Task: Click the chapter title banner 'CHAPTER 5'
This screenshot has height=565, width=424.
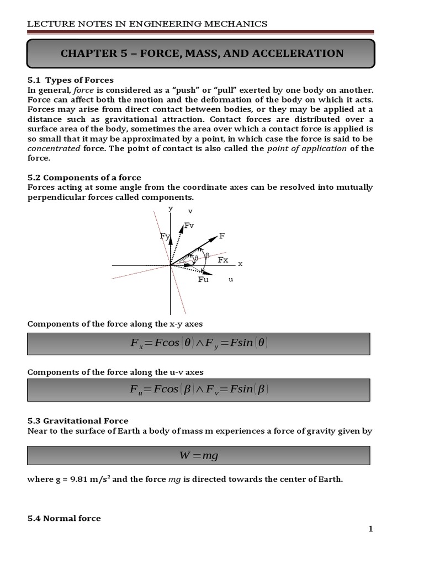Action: (x=202, y=54)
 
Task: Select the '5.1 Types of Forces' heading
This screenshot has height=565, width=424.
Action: (x=70, y=80)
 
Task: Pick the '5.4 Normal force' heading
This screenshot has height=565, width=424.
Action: (x=64, y=518)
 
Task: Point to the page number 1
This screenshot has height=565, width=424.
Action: (x=371, y=529)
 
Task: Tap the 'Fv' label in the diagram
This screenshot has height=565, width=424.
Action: (x=189, y=225)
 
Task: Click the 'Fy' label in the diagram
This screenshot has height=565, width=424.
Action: (x=164, y=236)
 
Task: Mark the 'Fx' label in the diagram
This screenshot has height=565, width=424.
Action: (x=223, y=259)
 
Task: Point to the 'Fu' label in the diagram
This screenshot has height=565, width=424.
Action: (x=203, y=279)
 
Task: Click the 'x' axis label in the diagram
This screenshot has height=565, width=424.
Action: (x=240, y=264)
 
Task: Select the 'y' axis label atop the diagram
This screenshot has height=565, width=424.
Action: (x=171, y=208)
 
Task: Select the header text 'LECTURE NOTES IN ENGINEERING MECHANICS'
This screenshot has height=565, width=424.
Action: (x=147, y=24)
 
